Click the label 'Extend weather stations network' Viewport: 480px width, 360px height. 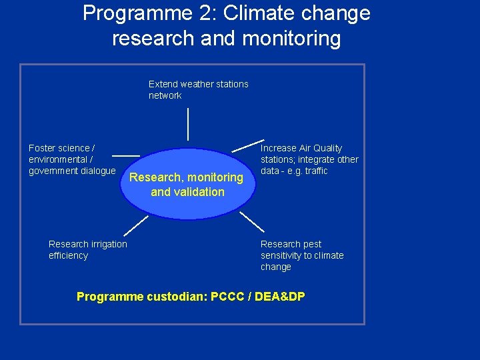(198, 89)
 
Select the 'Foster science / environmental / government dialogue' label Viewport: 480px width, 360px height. (72, 159)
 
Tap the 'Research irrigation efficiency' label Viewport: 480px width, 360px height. (87, 249)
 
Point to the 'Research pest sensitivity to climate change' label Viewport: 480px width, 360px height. (302, 255)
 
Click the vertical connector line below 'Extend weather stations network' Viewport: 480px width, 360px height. (188, 123)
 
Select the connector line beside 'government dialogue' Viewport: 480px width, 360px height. (126, 155)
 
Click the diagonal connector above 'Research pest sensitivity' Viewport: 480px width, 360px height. (251, 221)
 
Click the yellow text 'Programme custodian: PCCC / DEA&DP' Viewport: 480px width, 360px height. (191, 297)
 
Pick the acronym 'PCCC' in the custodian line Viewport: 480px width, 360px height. (227, 297)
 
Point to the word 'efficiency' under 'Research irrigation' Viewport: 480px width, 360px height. (68, 255)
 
